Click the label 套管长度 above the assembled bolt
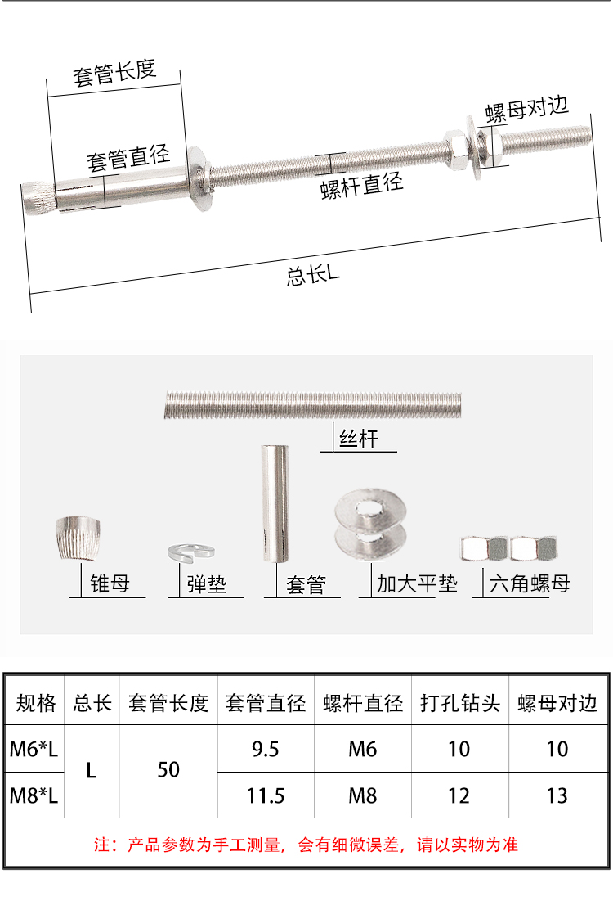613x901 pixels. (x=114, y=73)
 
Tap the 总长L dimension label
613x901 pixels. (x=313, y=275)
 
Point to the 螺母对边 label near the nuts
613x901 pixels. (x=526, y=109)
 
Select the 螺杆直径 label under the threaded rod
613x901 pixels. (x=361, y=185)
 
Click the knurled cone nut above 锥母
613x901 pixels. (x=78, y=538)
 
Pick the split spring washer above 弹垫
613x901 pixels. (x=191, y=552)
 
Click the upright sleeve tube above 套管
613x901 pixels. (x=275, y=502)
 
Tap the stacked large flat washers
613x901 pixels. (x=371, y=524)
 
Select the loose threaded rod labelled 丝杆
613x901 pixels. (x=313, y=404)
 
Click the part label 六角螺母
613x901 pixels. (x=529, y=583)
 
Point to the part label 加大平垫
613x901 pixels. (x=417, y=583)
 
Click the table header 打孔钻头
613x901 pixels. (x=459, y=703)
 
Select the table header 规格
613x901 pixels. (x=36, y=703)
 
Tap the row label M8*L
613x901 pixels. (x=34, y=796)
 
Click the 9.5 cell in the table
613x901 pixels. (x=265, y=750)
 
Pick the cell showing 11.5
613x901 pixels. (x=265, y=796)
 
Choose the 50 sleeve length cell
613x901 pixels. (x=168, y=770)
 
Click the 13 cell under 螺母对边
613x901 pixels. (x=557, y=796)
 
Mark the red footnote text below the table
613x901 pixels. (x=306, y=845)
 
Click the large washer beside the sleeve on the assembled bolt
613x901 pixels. (x=199, y=178)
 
